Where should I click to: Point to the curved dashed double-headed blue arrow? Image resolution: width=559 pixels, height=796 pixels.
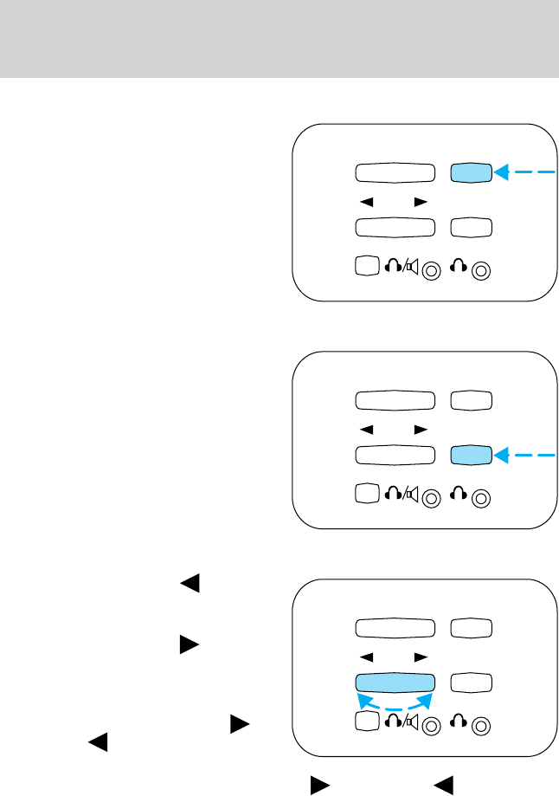coord(395,700)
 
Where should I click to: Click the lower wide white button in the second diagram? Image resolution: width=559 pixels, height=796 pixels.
coord(395,454)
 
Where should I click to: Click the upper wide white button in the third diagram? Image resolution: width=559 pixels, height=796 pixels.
coord(395,627)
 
